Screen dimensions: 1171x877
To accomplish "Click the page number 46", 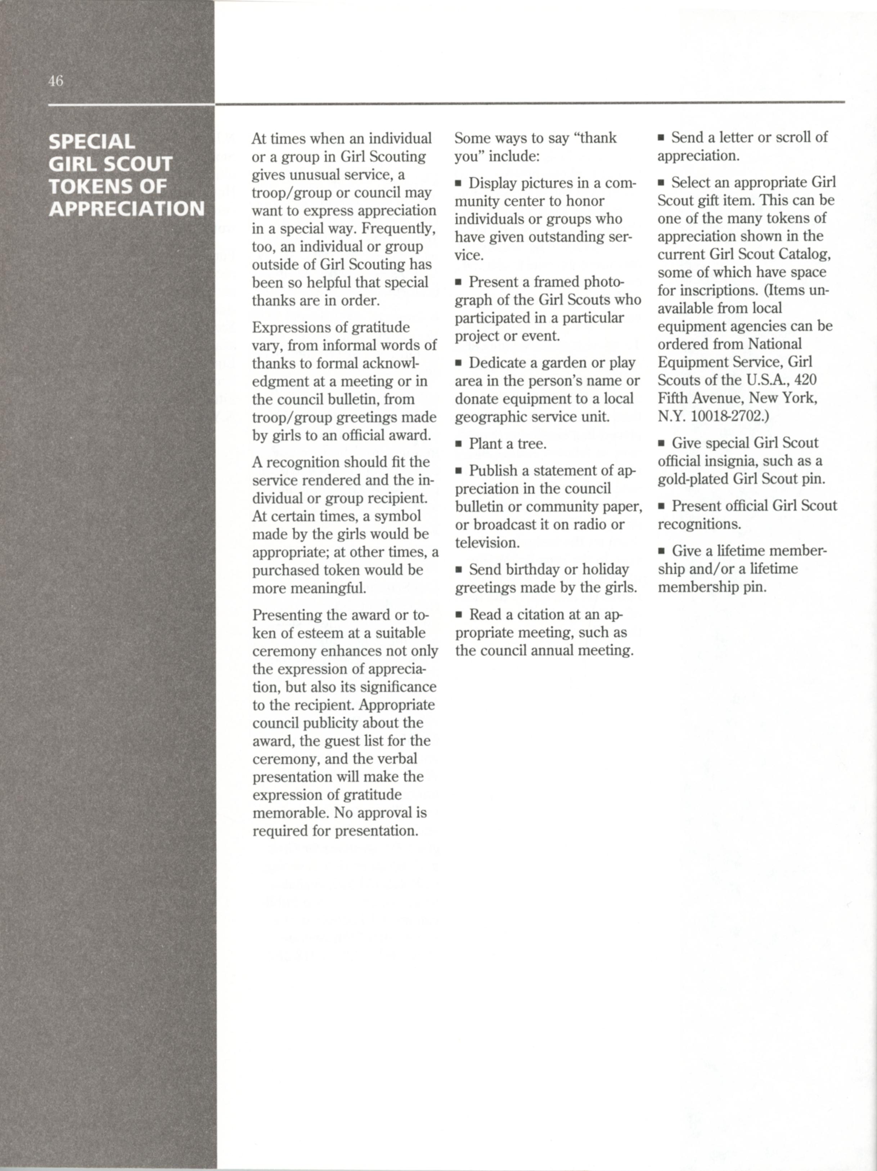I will (55, 81).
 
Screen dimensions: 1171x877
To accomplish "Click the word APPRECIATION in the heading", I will (126, 209).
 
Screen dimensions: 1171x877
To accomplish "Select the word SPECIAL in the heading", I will (91, 142).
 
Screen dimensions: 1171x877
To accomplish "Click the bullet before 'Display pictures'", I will (458, 184).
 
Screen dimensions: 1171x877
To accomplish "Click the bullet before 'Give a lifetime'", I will (662, 551).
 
